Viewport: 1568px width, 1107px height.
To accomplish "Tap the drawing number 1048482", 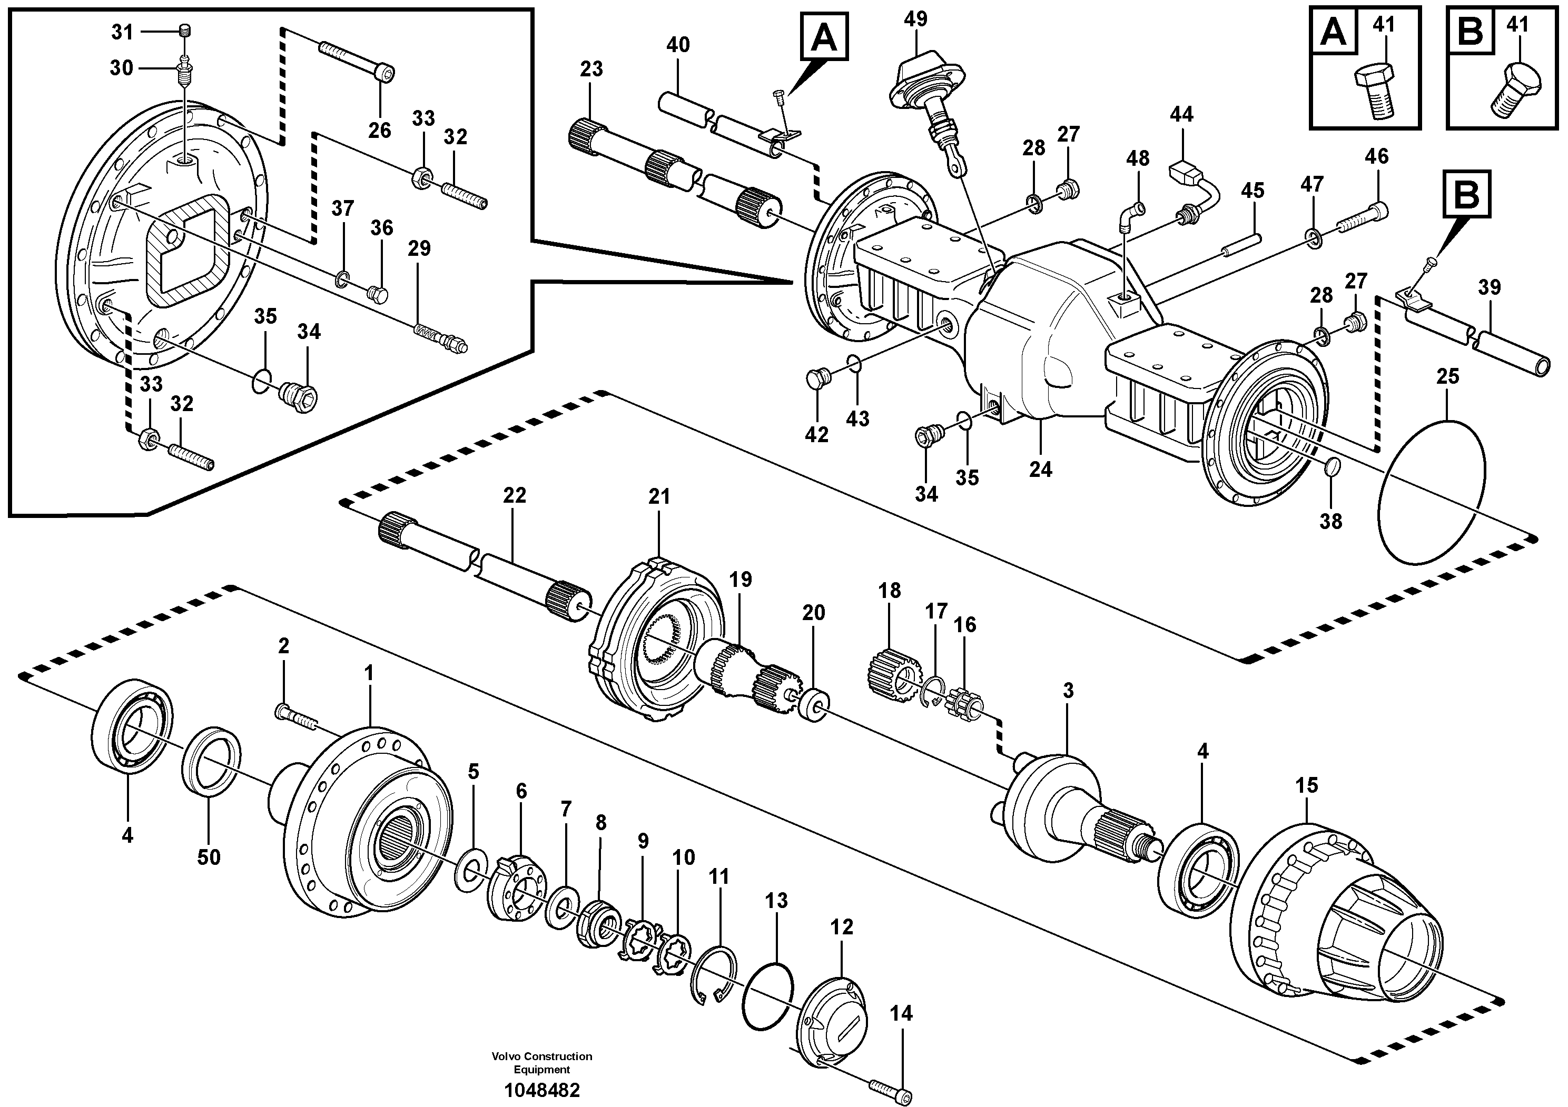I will coord(541,1091).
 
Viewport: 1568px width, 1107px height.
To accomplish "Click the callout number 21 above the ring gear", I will coord(659,497).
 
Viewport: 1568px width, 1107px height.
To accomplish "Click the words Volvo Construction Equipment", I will coord(541,1063).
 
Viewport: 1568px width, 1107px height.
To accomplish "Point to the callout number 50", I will coord(209,857).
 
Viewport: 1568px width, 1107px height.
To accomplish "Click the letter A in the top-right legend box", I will coord(1333,32).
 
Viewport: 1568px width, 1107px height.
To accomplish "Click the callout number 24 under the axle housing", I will coord(1040,470).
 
